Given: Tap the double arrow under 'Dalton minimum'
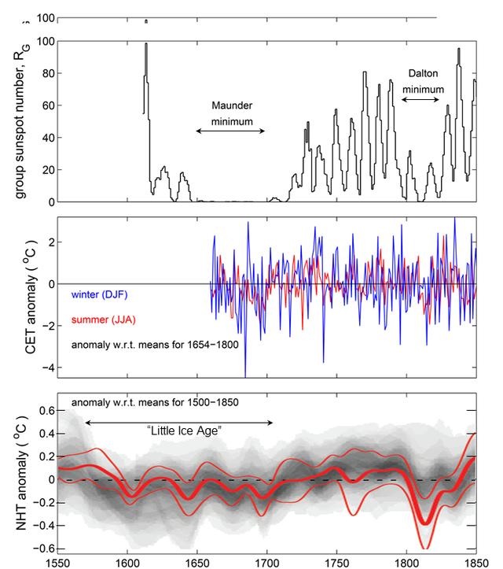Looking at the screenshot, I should (422, 100).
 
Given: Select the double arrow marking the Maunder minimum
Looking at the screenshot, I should (230, 131).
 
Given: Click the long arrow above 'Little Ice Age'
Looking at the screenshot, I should (179, 423).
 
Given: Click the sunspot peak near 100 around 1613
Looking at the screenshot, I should (146, 44).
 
